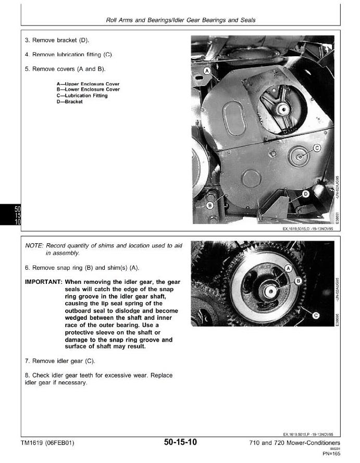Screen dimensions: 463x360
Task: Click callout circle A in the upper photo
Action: coord(207,70)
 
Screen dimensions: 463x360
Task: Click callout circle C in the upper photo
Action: coord(316,148)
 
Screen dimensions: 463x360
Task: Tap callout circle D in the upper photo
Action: coord(306,194)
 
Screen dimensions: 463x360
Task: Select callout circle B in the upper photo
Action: coord(210,205)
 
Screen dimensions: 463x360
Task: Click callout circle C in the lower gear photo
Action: coord(316,315)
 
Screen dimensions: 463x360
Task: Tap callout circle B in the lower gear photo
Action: coord(299,281)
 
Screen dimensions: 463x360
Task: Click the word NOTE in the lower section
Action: coord(34,246)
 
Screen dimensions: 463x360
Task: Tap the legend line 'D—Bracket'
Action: coord(70,102)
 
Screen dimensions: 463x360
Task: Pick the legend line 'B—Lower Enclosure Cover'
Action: coord(88,90)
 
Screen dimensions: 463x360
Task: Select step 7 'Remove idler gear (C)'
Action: coord(60,361)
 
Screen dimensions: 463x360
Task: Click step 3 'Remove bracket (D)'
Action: coord(57,40)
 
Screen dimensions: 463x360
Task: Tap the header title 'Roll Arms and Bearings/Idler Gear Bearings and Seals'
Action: coord(180,20)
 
